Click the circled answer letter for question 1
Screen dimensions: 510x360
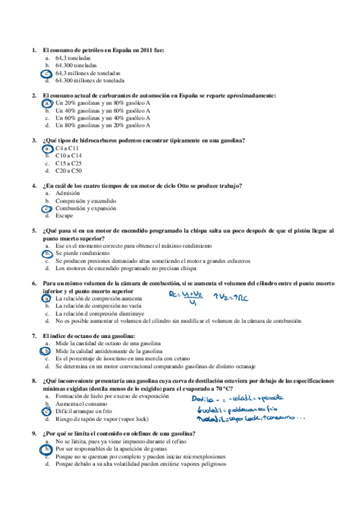(46, 73)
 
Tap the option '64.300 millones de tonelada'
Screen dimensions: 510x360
(90, 80)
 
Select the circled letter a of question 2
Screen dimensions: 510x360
(46, 103)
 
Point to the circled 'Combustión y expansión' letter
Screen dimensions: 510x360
(46, 208)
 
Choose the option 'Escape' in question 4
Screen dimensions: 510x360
(64, 215)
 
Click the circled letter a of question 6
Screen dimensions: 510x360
(46, 298)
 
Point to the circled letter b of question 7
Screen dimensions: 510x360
(46, 351)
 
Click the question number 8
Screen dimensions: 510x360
(34, 381)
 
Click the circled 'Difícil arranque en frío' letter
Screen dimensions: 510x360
(46, 411)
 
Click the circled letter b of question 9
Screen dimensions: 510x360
(46, 449)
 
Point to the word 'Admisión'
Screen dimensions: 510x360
(67, 193)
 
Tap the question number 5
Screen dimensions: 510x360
(34, 230)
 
